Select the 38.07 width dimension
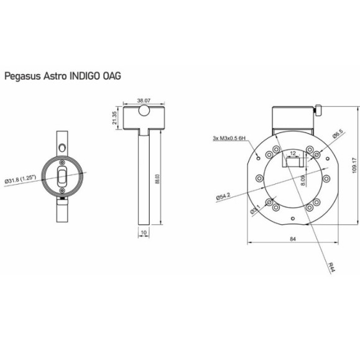(144, 99)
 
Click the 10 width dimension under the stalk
(144, 233)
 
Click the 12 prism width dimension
(292, 152)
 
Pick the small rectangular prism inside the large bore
(293, 162)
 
